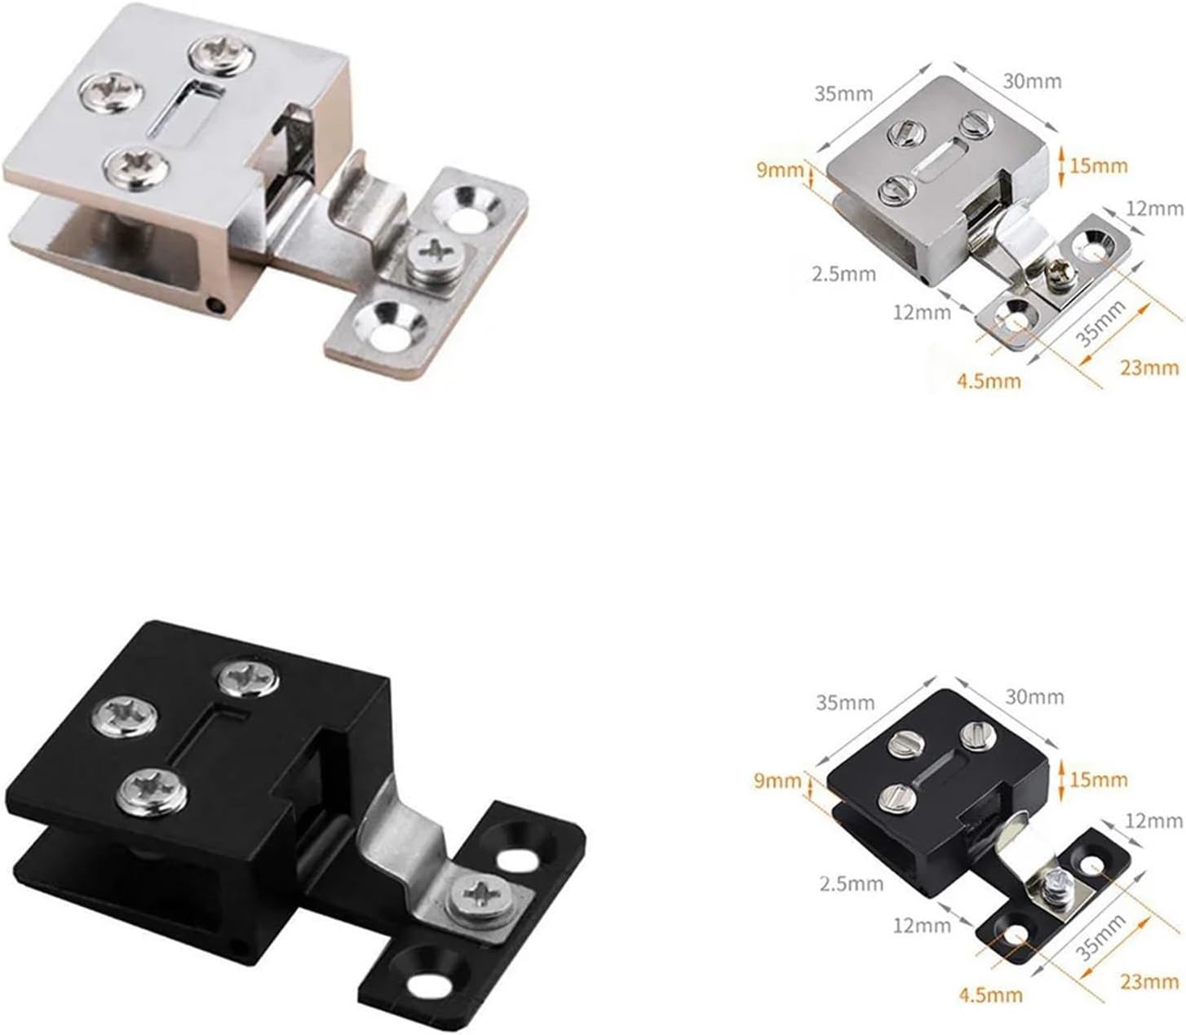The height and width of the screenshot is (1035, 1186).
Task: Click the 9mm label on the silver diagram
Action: (x=778, y=170)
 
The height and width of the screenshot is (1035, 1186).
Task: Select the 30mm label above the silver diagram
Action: (x=1033, y=81)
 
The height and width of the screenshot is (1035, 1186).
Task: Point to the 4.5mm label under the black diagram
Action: (x=989, y=995)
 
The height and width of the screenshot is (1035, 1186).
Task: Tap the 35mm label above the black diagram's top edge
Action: (x=844, y=702)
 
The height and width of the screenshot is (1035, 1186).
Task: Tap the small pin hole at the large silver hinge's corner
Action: (x=216, y=307)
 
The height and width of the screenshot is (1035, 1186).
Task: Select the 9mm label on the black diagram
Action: (x=778, y=781)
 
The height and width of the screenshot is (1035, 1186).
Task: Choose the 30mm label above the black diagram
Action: (x=1035, y=697)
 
